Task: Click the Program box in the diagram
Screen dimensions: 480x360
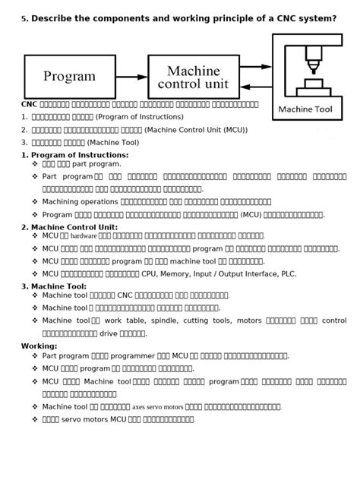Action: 69,76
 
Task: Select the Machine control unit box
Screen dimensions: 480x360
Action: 198,76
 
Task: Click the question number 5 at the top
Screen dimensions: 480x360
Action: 24,19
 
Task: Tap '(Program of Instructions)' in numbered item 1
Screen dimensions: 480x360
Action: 140,117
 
